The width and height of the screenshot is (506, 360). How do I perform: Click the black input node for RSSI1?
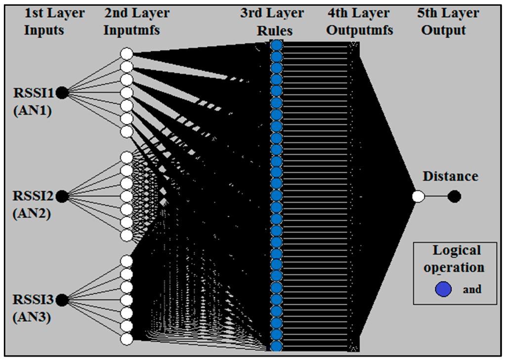[x=62, y=92]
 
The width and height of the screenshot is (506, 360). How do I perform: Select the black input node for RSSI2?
[x=62, y=197]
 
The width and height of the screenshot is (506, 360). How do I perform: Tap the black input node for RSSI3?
[x=62, y=300]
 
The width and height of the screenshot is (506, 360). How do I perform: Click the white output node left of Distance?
[x=419, y=197]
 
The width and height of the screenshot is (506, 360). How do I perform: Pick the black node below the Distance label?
[x=454, y=197]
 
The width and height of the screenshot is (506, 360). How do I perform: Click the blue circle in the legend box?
[x=443, y=289]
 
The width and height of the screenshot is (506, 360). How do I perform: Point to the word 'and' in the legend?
[x=472, y=289]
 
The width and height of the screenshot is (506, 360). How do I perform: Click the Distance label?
[x=450, y=176]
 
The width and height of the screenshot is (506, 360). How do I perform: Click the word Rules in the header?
[x=275, y=30]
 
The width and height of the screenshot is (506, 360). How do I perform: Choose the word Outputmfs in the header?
[x=360, y=30]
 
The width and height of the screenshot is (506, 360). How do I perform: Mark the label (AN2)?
[x=33, y=215]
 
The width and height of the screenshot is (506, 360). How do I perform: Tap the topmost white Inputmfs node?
[x=126, y=54]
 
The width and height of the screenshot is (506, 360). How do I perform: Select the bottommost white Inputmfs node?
[x=126, y=339]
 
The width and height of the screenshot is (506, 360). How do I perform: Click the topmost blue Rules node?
[x=276, y=46]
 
